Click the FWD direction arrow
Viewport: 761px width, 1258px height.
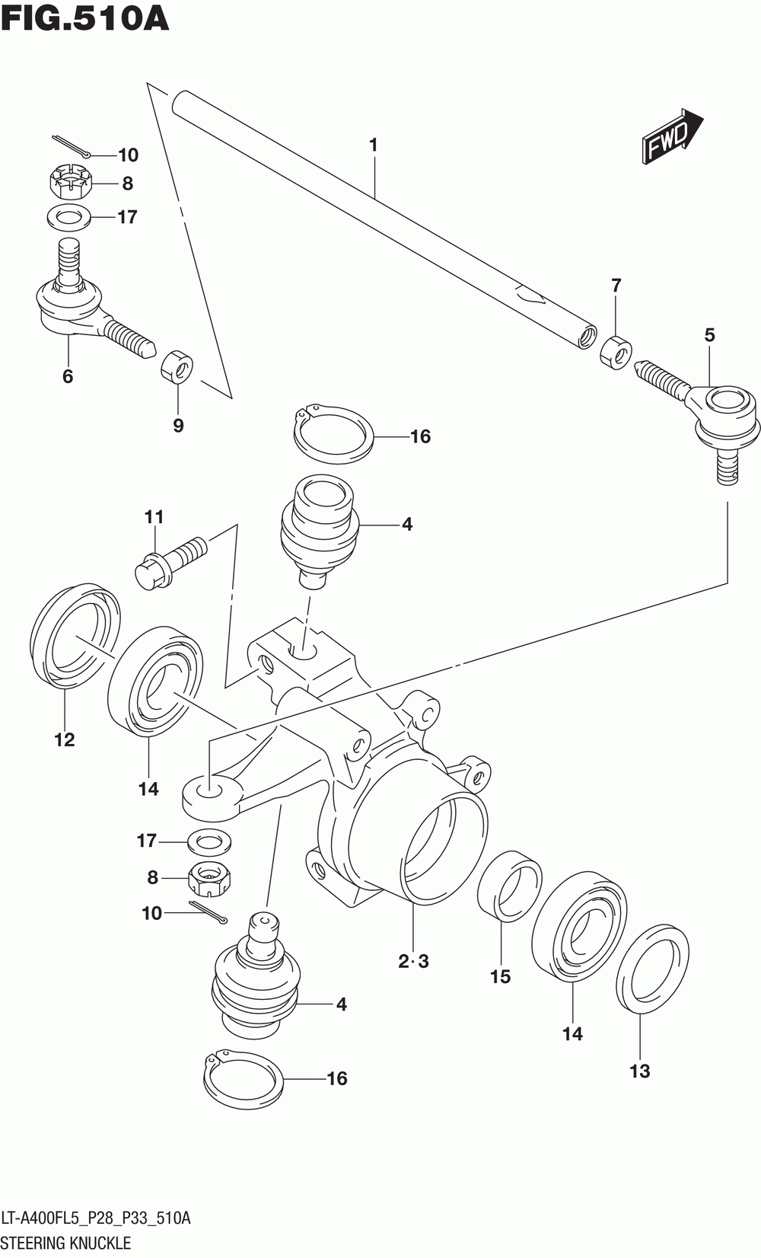(x=672, y=136)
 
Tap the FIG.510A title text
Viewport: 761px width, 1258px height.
(x=84, y=19)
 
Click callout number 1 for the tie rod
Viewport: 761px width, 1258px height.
(x=373, y=145)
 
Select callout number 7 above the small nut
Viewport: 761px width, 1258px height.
(x=616, y=286)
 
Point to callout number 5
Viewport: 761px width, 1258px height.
(x=709, y=335)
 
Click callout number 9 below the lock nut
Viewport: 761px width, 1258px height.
(x=178, y=426)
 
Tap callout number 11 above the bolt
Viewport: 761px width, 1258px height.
(x=154, y=516)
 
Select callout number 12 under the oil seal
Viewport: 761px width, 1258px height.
(x=65, y=739)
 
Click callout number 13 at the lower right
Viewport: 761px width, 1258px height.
(x=640, y=1071)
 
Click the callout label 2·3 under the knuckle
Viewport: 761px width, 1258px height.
(x=414, y=962)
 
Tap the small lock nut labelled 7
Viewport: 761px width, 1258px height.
(x=616, y=352)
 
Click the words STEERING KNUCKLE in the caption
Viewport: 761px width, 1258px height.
(x=67, y=1242)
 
